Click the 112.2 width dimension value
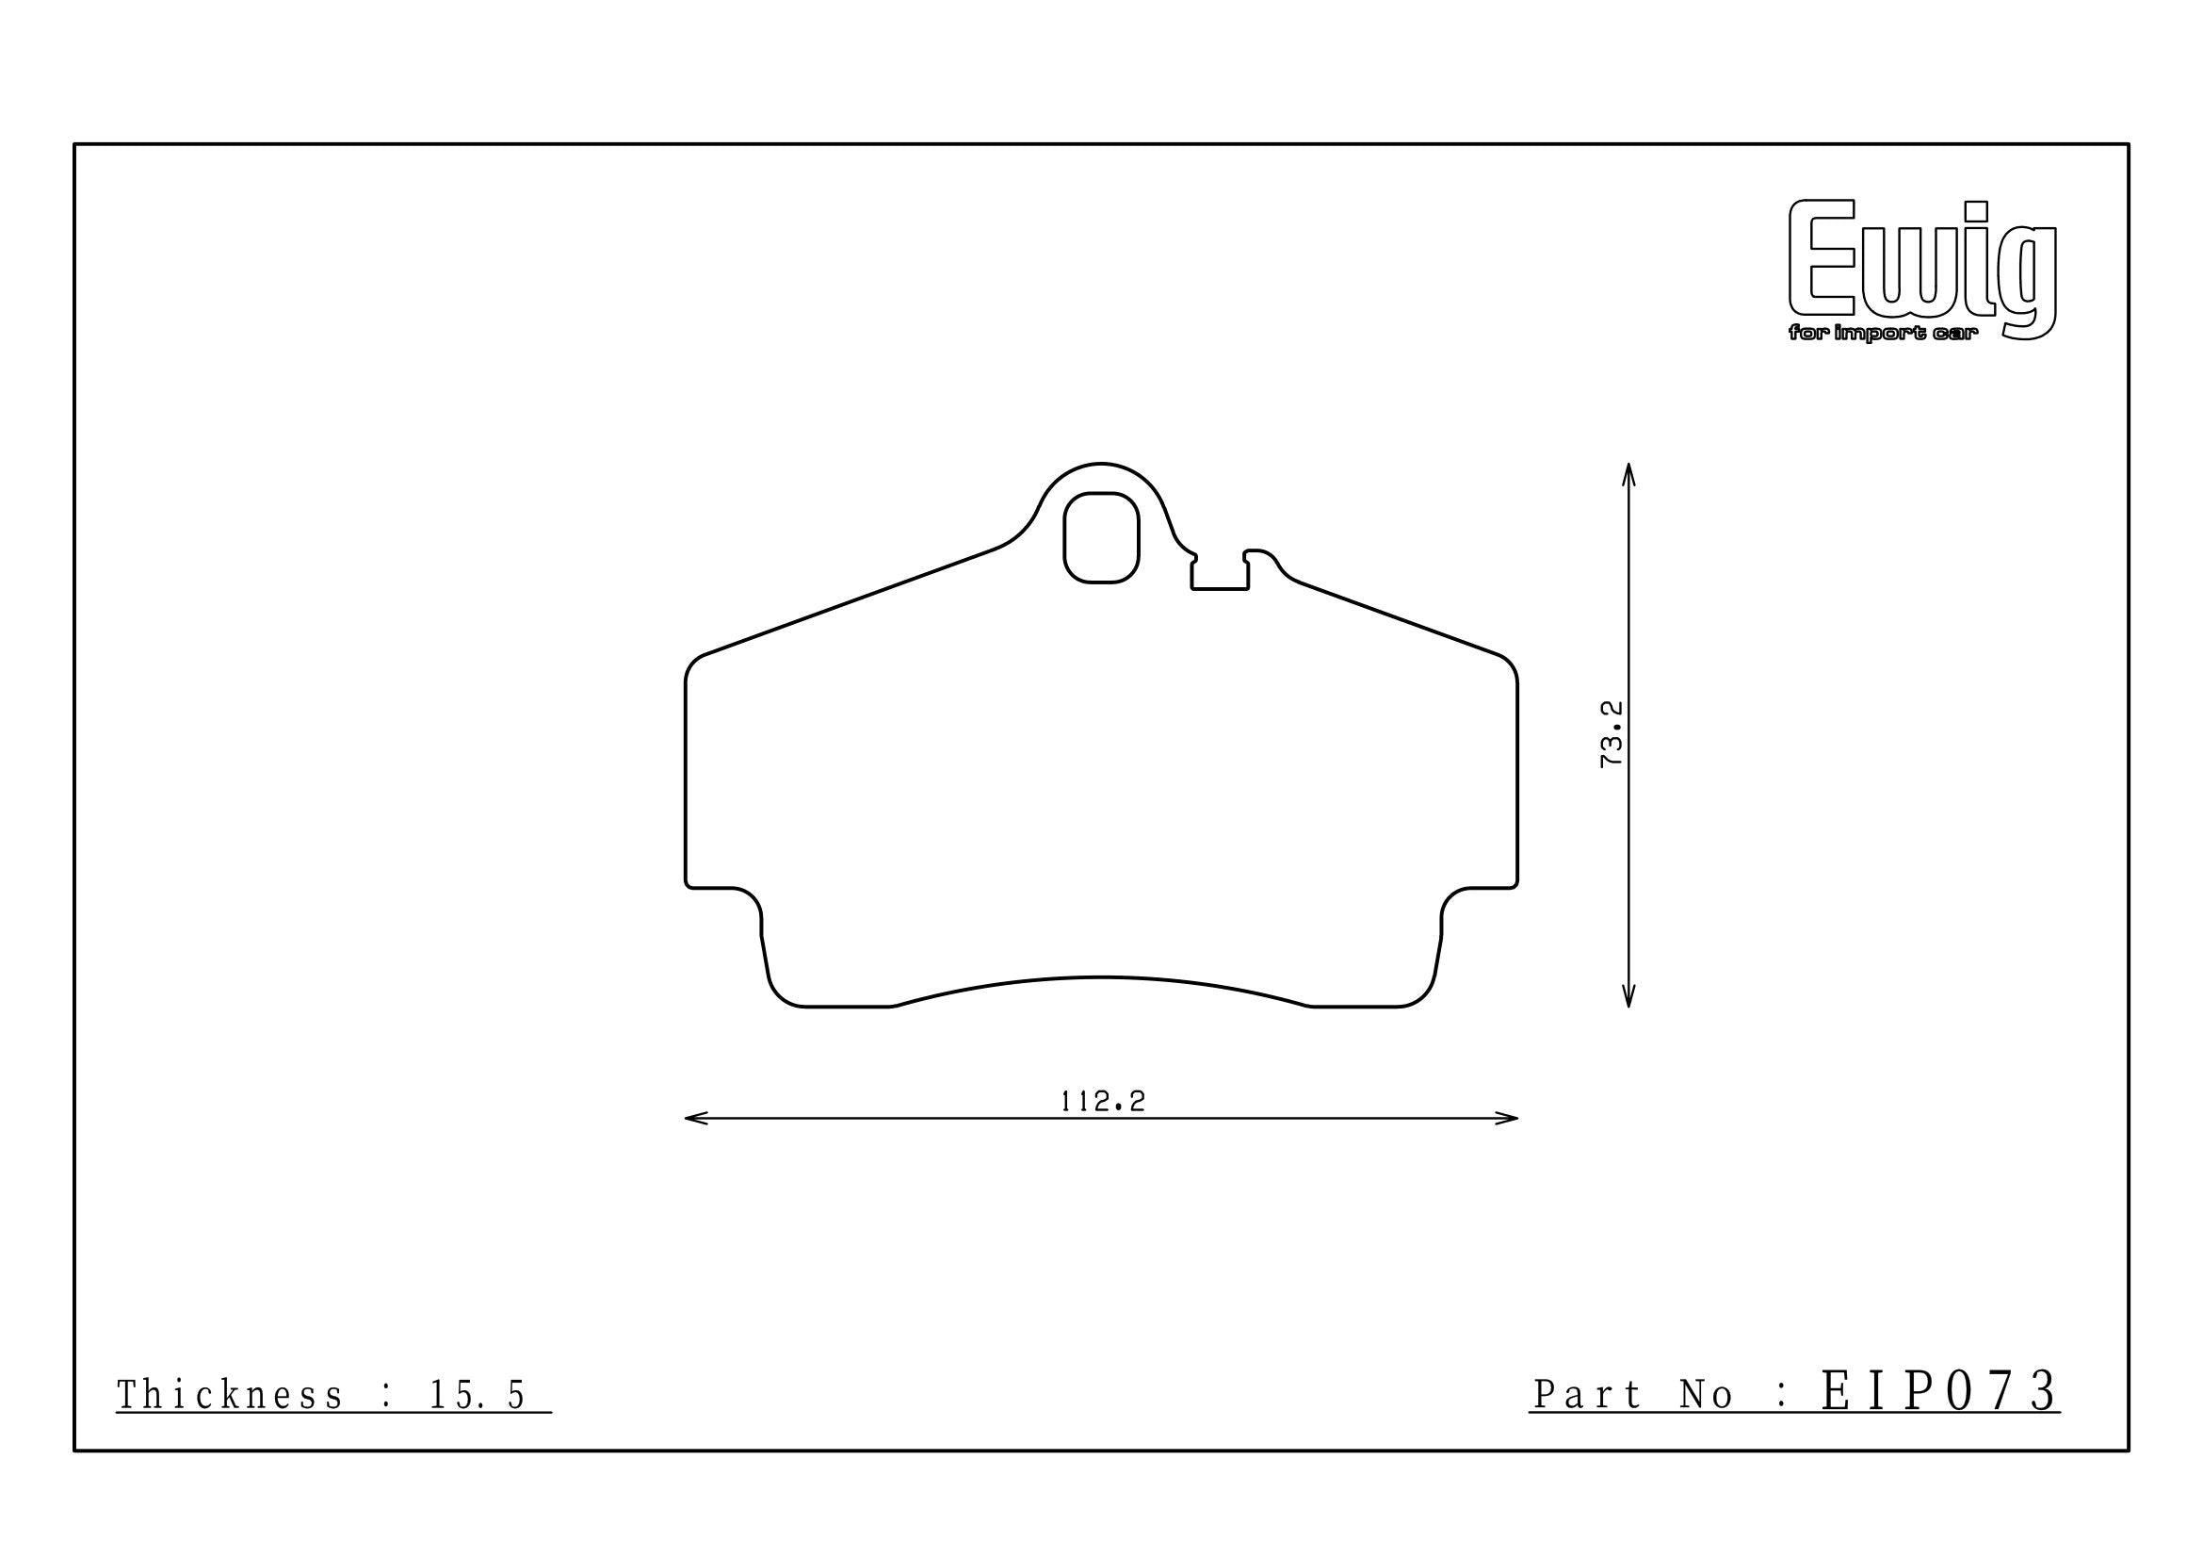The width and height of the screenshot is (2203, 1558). [1103, 1101]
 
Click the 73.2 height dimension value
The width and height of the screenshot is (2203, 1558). [1611, 733]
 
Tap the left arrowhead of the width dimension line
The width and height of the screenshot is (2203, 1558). [696, 1119]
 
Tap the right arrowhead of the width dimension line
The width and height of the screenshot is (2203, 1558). [1506, 1119]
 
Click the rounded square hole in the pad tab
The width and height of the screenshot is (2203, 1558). [1102, 537]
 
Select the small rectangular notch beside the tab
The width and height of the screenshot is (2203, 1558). [1220, 573]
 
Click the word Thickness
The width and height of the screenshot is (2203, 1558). [229, 1396]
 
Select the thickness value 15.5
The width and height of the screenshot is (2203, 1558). [477, 1396]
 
